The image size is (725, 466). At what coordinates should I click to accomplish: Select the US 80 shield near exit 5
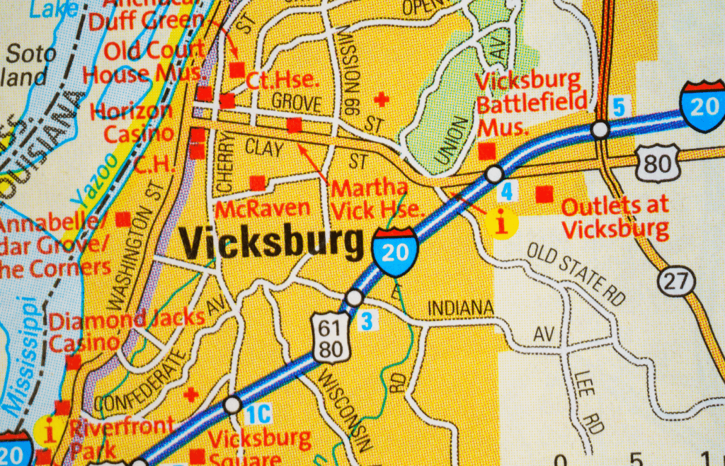pos(657,163)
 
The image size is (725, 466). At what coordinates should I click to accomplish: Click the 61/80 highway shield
pos(331,339)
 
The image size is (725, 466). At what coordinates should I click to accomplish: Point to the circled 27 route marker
pos(676,281)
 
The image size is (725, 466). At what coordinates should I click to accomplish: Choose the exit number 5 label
pos(620,108)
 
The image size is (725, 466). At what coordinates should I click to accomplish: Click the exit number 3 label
pos(366,321)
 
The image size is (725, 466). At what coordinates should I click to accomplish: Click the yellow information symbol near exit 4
pos(503,225)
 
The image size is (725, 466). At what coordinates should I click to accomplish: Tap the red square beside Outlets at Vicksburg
pos(544,193)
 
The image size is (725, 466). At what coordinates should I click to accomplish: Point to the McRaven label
pos(263,208)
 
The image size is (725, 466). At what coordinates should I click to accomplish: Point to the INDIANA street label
pos(460,308)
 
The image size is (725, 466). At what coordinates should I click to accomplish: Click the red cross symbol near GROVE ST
pos(382,99)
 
